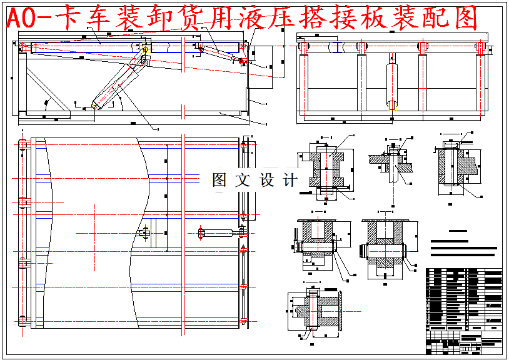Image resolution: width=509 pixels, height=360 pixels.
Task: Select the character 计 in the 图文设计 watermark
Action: pyautogui.click(x=290, y=180)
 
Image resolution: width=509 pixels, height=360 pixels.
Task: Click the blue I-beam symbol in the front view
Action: pyautogui.click(x=338, y=47)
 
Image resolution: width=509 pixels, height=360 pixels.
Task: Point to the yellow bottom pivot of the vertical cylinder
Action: pyautogui.click(x=392, y=106)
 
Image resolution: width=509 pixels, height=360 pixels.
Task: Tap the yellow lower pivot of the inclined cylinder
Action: pyautogui.click(x=96, y=106)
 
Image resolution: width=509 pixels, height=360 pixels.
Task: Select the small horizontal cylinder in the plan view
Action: pyautogui.click(x=216, y=234)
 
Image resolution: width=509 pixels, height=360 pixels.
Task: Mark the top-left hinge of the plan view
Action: pyautogui.click(x=24, y=146)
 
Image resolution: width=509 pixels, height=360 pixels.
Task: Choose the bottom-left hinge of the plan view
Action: pyautogui.click(x=24, y=321)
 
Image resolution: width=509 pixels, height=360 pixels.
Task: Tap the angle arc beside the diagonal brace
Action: pyautogui.click(x=46, y=103)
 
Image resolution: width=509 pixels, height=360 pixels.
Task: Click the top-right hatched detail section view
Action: pyautogui.click(x=455, y=166)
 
